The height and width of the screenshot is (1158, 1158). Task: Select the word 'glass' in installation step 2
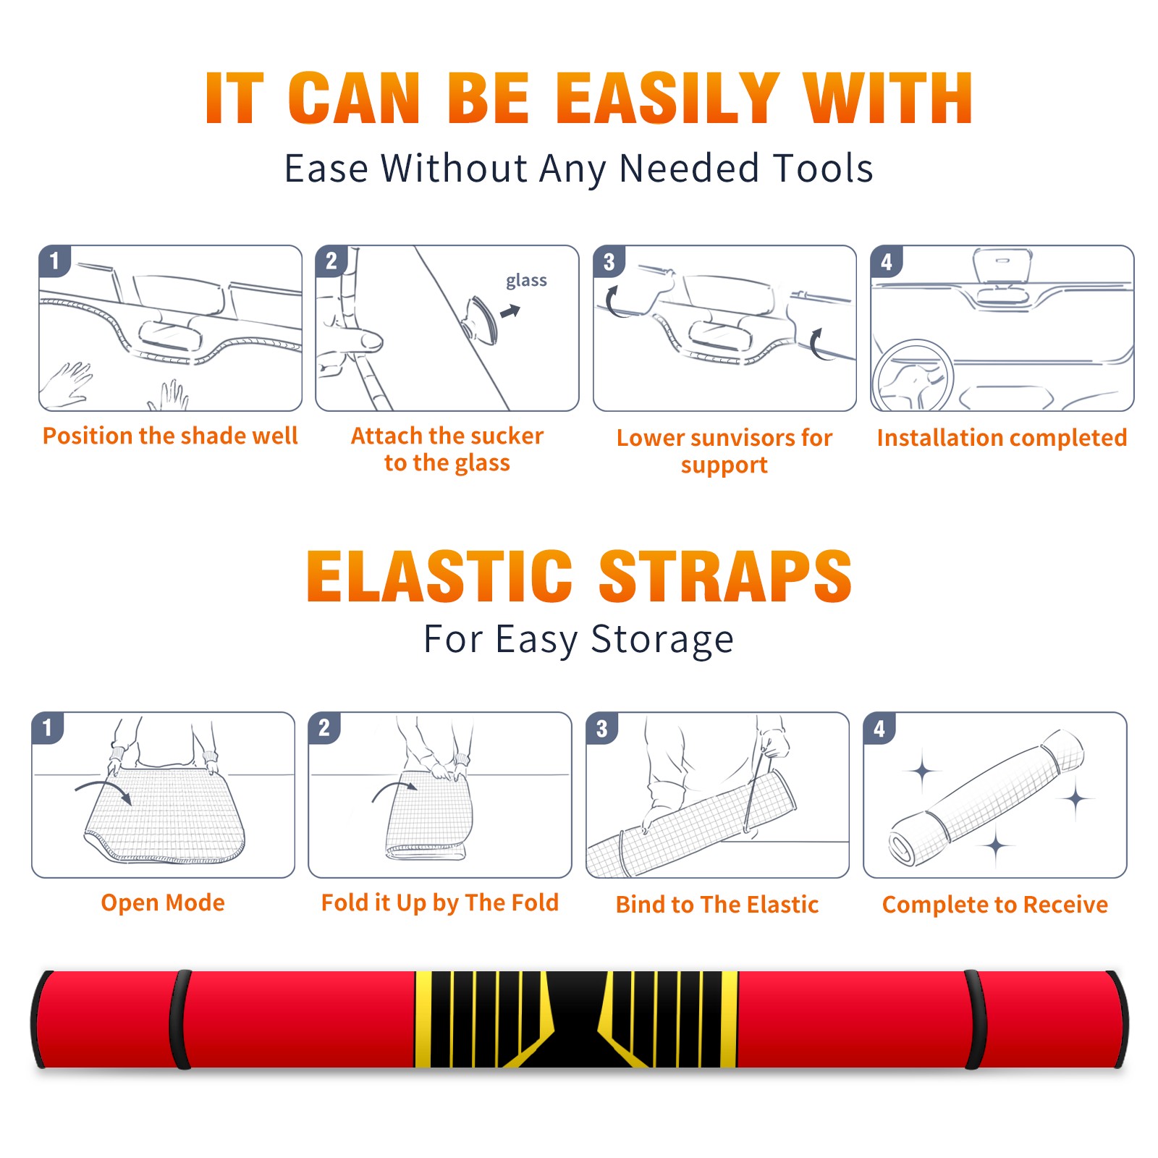[526, 281]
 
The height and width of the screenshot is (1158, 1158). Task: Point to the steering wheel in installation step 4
[912, 375]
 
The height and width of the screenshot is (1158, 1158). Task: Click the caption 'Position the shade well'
[170, 436]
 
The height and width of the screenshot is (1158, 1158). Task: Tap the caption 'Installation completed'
[1002, 437]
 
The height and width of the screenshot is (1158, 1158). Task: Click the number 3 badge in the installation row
[609, 262]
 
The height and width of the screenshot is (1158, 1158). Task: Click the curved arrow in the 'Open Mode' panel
[103, 788]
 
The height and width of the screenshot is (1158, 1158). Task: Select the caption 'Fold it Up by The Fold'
[440, 903]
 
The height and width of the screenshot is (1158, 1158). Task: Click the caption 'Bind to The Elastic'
[717, 905]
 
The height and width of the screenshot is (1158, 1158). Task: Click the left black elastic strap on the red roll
[180, 1019]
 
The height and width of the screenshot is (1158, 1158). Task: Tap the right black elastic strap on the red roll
[975, 1019]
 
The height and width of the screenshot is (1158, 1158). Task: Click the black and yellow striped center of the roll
[576, 1019]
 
